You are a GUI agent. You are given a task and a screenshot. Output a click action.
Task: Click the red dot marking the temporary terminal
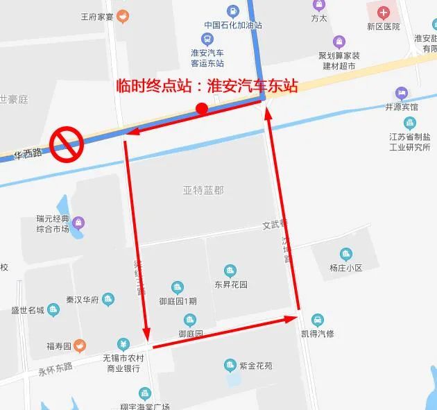(202, 108)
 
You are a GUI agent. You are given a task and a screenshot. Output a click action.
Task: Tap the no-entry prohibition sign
(67, 144)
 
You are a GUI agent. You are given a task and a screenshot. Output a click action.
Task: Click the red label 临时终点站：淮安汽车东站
(207, 87)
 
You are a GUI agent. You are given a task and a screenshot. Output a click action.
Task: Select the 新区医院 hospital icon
(384, 12)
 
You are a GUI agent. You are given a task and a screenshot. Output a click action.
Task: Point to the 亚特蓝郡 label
(203, 189)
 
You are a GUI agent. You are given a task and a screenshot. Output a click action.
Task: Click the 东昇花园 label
(231, 284)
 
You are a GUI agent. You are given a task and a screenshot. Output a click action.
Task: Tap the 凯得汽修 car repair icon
(317, 320)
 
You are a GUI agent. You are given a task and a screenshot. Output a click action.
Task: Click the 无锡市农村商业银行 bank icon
(123, 343)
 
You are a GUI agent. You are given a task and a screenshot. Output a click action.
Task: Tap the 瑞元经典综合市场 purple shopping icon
(79, 223)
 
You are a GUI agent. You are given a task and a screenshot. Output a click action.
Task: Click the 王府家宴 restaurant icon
(123, 15)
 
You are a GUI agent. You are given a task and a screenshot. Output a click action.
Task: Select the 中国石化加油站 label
(232, 26)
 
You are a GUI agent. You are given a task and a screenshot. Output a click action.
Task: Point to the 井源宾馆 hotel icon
(402, 93)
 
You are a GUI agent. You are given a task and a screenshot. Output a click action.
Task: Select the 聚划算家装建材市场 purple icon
(339, 42)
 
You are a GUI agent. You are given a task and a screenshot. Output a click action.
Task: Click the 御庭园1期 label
(178, 301)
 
